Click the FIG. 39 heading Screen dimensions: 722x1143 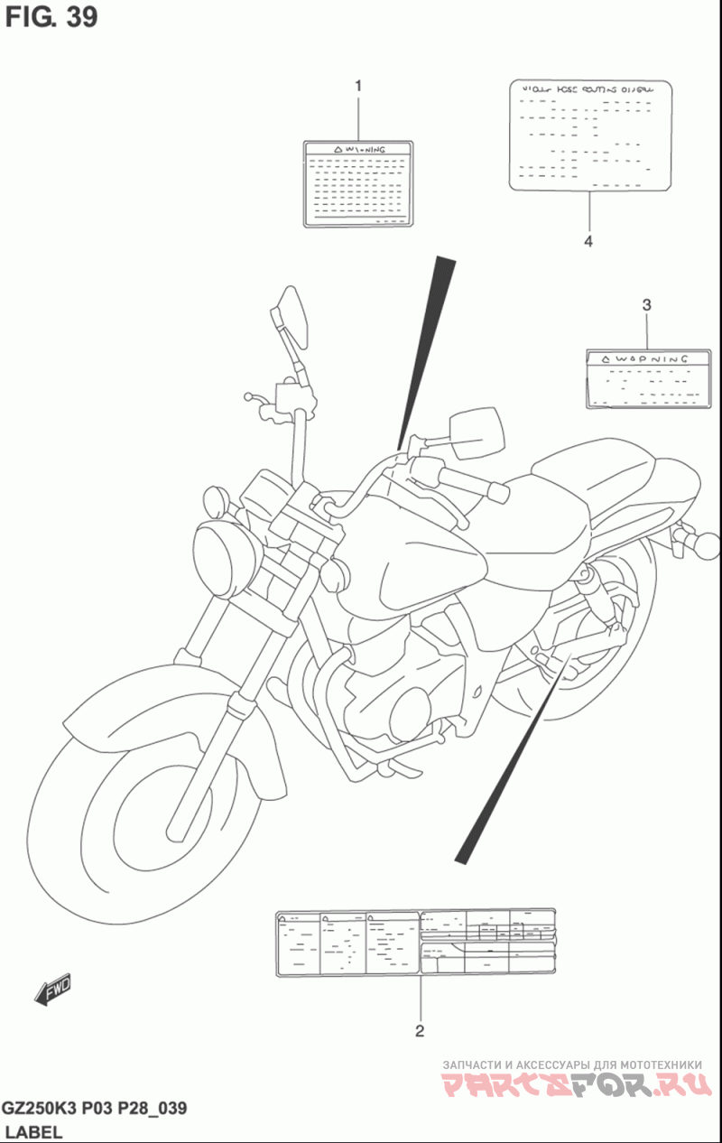[51, 17]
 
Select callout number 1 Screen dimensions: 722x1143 [357, 87]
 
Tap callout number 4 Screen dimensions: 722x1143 [588, 241]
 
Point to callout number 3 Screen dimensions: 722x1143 [646, 305]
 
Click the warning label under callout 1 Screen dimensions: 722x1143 [357, 182]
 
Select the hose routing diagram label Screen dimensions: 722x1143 [592, 135]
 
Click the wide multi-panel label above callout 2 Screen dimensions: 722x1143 [414, 943]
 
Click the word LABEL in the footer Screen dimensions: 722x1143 [33, 1131]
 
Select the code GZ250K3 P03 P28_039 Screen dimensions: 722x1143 [94, 1109]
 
